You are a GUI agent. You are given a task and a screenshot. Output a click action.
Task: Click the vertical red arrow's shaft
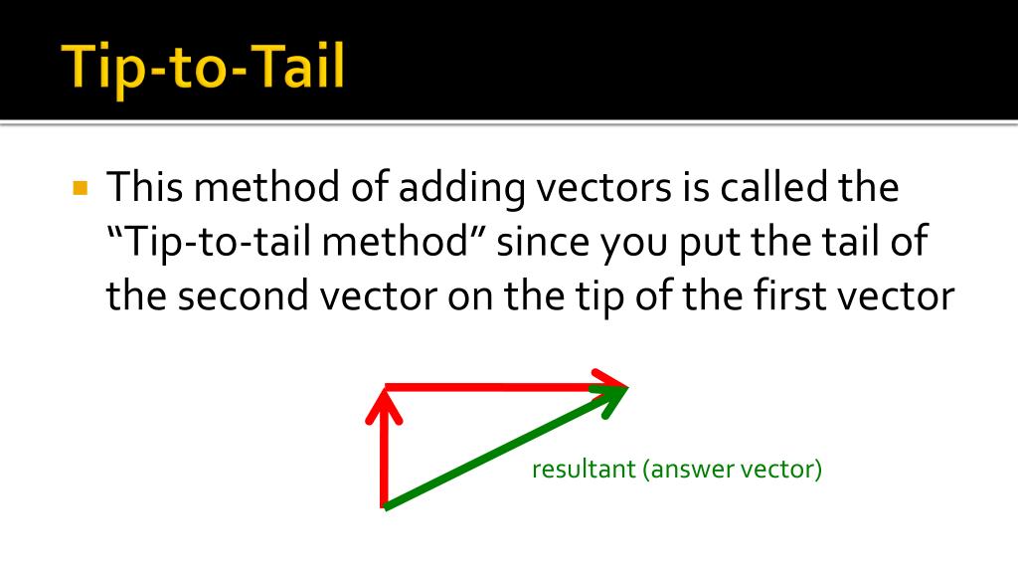383,458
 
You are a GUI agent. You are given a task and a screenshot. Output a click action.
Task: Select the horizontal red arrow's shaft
487,387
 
